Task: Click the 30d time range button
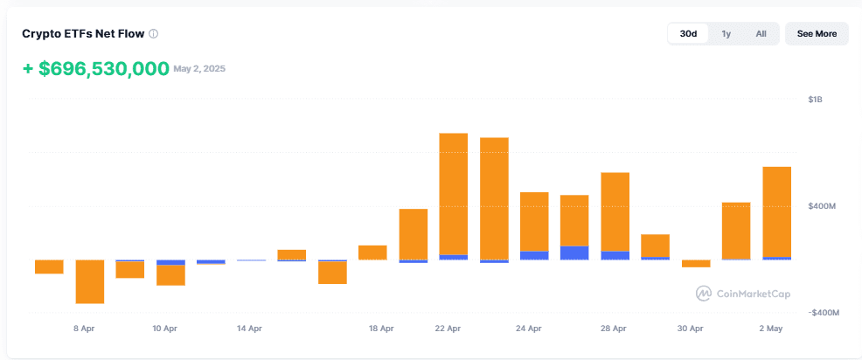pyautogui.click(x=688, y=33)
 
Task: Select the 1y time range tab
pyautogui.click(x=726, y=33)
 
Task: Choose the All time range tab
pyautogui.click(x=761, y=33)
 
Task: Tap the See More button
pyautogui.click(x=817, y=33)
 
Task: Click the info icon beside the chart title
pyautogui.click(x=154, y=34)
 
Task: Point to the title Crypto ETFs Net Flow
pyautogui.click(x=83, y=34)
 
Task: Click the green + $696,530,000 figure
pyautogui.click(x=95, y=69)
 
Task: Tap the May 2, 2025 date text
pyautogui.click(x=199, y=69)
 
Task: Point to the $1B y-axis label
pyautogui.click(x=816, y=100)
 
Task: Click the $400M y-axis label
pyautogui.click(x=822, y=207)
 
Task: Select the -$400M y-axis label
pyautogui.click(x=824, y=313)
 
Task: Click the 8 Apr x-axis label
pyautogui.click(x=84, y=329)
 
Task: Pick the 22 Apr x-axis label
pyautogui.click(x=448, y=329)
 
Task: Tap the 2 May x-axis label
pyautogui.click(x=771, y=329)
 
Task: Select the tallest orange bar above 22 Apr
pyautogui.click(x=454, y=194)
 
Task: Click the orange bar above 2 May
pyautogui.click(x=777, y=211)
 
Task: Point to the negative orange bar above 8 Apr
pyautogui.click(x=89, y=281)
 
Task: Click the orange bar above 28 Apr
pyautogui.click(x=615, y=212)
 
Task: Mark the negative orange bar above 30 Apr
pyautogui.click(x=696, y=263)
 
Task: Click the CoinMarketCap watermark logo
pyautogui.click(x=704, y=294)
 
